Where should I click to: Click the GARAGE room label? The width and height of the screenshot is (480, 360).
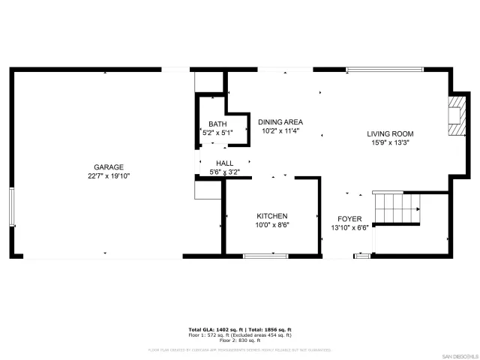(109, 167)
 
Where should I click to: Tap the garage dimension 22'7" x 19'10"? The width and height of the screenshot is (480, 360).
(109, 175)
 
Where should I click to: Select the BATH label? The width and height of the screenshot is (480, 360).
(217, 124)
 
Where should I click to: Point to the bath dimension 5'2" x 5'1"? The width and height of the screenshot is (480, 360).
(217, 133)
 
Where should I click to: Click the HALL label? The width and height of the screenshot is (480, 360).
(225, 163)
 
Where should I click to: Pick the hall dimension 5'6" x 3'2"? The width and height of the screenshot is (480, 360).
(225, 172)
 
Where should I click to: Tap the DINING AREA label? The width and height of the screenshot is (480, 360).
(280, 122)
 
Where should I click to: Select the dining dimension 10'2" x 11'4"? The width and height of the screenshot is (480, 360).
(280, 130)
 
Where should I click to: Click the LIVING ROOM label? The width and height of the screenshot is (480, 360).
(390, 134)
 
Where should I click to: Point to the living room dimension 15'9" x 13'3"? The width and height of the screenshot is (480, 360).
(390, 142)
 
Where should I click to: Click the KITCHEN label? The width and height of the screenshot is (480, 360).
(271, 216)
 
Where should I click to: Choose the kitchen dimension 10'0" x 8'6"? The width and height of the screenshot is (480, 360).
(271, 224)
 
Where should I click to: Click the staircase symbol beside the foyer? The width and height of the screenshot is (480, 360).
(396, 205)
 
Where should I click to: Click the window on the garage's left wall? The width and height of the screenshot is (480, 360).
(11, 207)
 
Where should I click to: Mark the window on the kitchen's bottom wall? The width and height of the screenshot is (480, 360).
(265, 256)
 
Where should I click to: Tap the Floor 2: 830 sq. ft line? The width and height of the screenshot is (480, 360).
(240, 340)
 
